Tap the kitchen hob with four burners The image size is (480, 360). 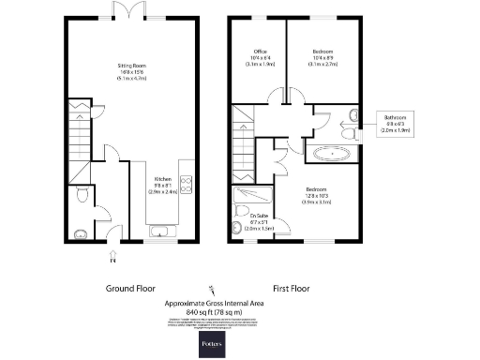(x=186, y=183)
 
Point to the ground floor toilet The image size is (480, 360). (x=82, y=195)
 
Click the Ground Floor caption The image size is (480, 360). (x=129, y=289)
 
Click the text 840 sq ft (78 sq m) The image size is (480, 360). (x=217, y=310)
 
